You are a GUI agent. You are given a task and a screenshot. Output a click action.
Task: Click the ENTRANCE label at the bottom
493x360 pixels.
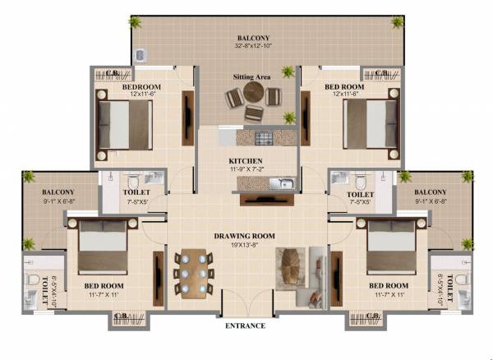(x=245, y=326)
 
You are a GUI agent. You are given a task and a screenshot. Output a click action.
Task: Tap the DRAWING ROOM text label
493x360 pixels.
(x=245, y=236)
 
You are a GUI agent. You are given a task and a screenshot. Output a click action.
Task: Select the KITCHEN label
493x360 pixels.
(x=246, y=161)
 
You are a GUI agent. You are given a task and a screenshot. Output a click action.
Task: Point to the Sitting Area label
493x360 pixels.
(x=252, y=76)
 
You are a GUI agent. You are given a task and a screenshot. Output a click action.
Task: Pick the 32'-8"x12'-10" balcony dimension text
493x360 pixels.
(x=252, y=47)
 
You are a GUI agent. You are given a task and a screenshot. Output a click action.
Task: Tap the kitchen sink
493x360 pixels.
(x=281, y=182)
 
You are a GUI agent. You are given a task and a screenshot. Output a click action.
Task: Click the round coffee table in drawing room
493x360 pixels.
(x=291, y=265)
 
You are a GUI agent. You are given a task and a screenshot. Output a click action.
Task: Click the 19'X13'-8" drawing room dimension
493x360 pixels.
(x=245, y=245)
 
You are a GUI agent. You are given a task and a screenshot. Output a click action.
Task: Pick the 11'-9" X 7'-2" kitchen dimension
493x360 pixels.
(x=246, y=169)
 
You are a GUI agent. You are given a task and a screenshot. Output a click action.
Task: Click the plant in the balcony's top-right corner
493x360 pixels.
(x=398, y=21)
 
